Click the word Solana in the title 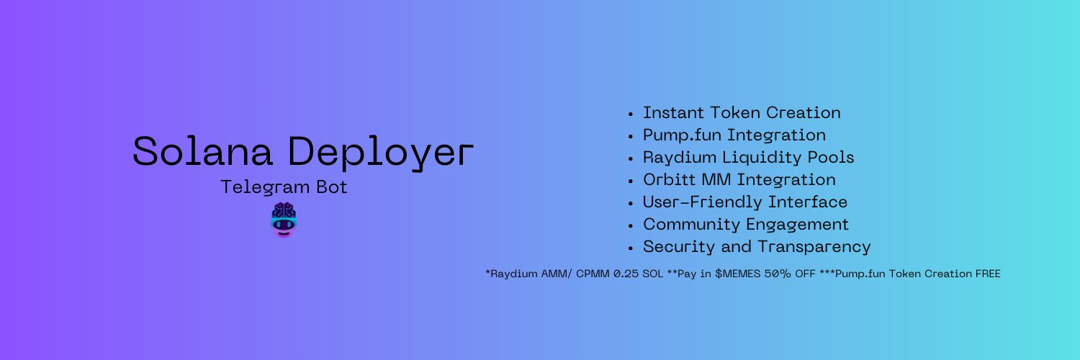tap(202, 151)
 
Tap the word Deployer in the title tap(381, 153)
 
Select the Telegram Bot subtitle tap(284, 187)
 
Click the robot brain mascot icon tap(284, 220)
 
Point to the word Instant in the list tap(673, 113)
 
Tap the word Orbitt tap(669, 180)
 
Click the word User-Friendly tap(702, 202)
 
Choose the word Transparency tap(814, 247)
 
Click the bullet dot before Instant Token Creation tap(630, 114)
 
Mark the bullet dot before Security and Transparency tap(630, 248)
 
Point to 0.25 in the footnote tap(626, 274)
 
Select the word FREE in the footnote tap(988, 274)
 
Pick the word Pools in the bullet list tap(831, 158)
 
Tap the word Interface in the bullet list tap(808, 202)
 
